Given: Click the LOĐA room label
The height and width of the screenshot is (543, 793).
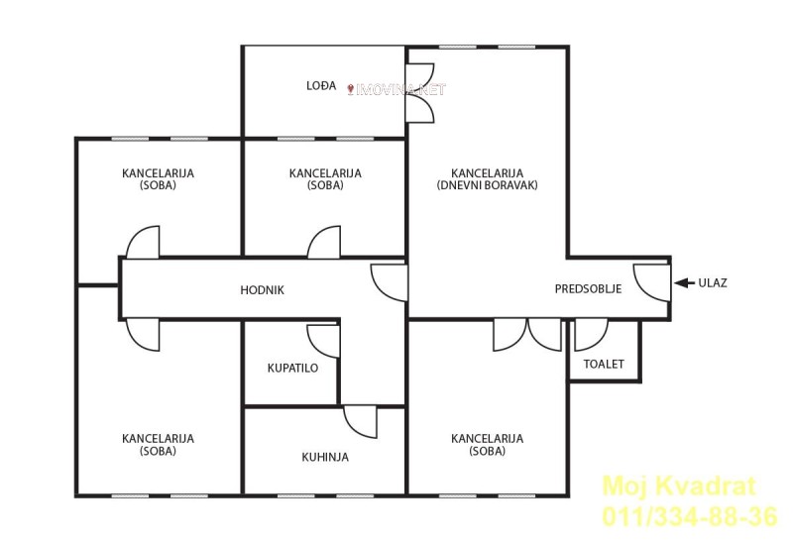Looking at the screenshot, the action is [x=321, y=85].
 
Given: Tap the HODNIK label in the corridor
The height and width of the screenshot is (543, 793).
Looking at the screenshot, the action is [x=262, y=290].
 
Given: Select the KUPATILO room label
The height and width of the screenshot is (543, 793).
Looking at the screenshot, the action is [x=292, y=368].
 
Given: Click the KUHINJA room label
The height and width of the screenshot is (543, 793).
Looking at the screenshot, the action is [x=325, y=457].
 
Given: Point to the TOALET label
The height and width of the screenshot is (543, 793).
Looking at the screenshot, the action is [x=604, y=364].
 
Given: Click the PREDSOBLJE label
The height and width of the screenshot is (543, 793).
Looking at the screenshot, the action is [x=588, y=289].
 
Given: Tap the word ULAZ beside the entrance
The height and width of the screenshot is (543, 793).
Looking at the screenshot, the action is [x=713, y=283].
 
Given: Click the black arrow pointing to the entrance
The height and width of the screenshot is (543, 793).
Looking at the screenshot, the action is [x=684, y=283].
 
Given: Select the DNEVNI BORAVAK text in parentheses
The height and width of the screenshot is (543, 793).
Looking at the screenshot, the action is [x=487, y=185].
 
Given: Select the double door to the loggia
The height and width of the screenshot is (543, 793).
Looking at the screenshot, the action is [x=419, y=93].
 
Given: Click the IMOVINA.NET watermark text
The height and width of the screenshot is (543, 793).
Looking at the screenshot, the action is [x=401, y=90].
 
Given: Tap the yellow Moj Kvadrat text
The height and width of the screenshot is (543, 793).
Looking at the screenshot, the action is [x=679, y=487].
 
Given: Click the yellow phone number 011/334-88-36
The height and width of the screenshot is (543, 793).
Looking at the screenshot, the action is [x=689, y=516].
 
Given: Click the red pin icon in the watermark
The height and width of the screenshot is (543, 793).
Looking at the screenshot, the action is [x=351, y=90].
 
